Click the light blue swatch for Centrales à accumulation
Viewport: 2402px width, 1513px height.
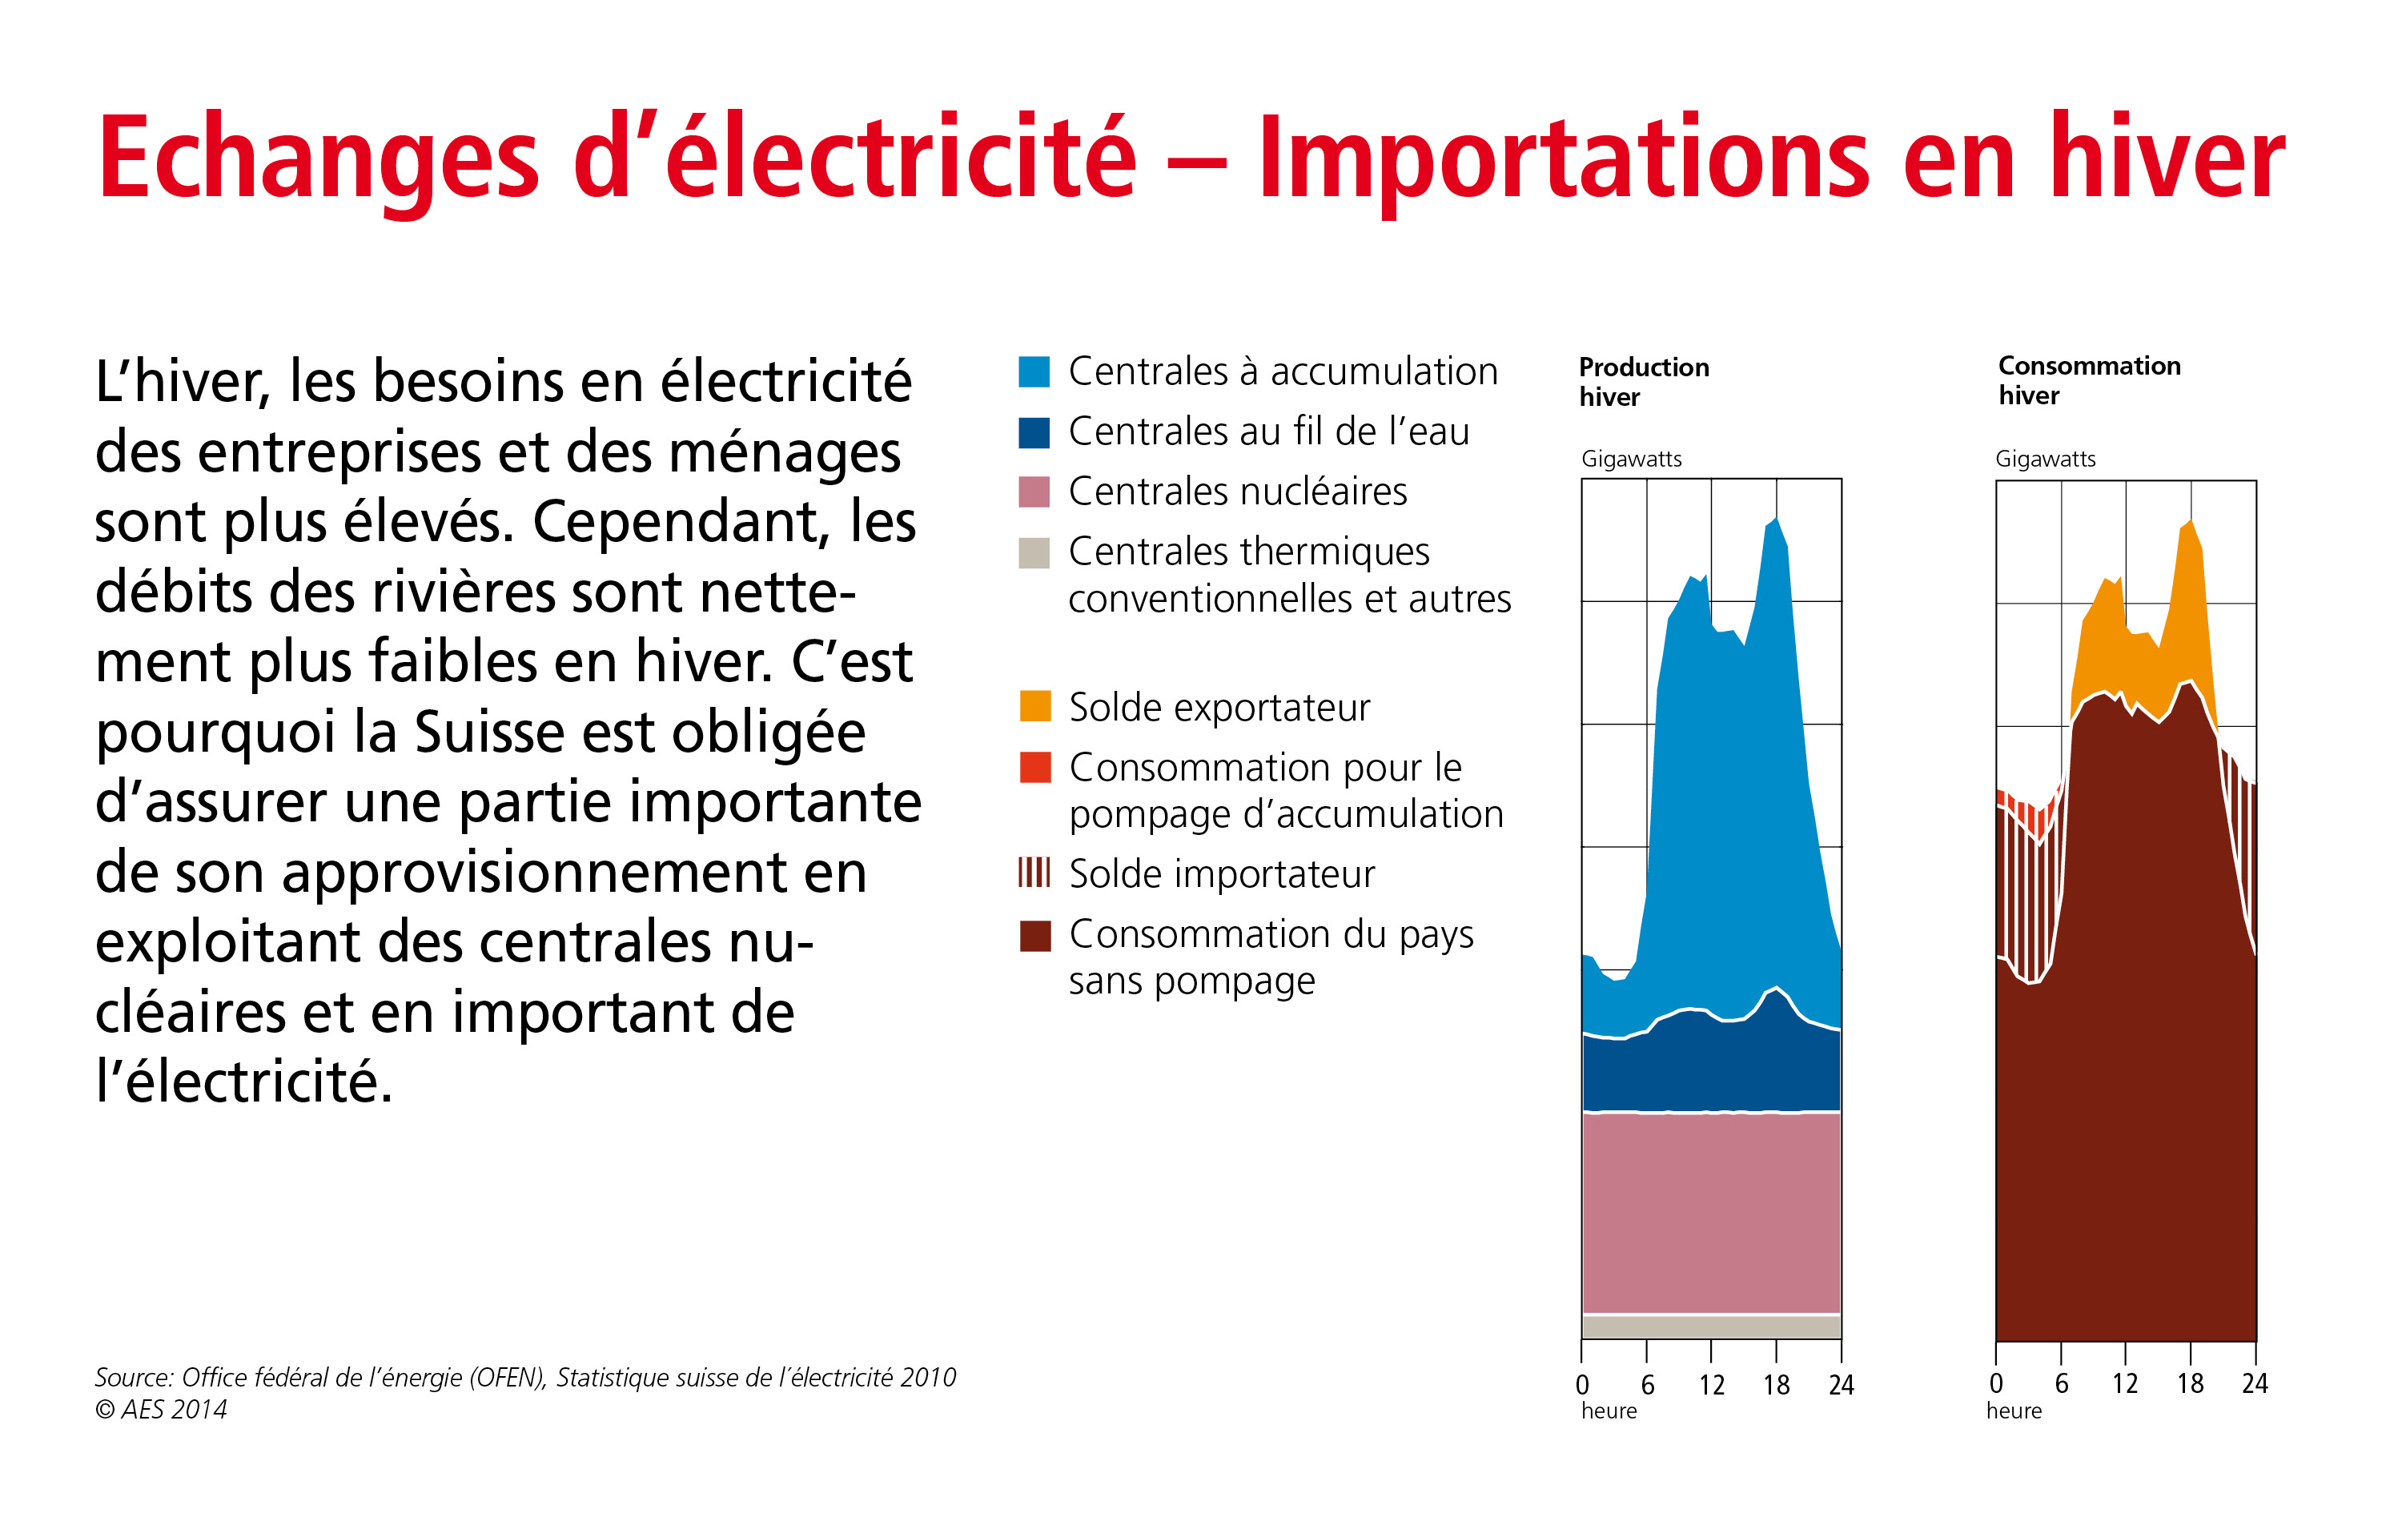pos(1034,371)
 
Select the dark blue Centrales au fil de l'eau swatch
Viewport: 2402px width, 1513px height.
pos(1034,431)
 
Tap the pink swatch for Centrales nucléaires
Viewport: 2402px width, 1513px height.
pos(1034,492)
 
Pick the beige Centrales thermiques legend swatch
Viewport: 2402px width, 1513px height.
pos(1034,552)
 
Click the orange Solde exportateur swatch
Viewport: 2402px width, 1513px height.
pos(1034,706)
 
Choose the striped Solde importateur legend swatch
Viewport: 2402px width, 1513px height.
pos(1034,873)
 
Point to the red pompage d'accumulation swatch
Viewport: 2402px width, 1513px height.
pos(1034,767)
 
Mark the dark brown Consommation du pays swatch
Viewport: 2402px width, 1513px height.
pos(1034,936)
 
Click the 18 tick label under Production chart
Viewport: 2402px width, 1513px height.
pos(1776,1384)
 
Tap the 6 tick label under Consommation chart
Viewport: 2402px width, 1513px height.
pos(2061,1383)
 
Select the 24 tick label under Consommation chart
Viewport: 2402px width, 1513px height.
pos(2255,1383)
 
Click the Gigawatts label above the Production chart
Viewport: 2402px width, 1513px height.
pos(1631,459)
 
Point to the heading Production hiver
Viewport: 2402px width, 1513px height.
pos(1643,382)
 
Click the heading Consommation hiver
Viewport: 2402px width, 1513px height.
pos(2089,380)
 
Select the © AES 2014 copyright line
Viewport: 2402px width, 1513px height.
pos(161,1409)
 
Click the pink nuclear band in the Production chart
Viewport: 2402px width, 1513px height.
pos(1711,1212)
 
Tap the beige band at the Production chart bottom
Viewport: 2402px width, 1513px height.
pos(1711,1326)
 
